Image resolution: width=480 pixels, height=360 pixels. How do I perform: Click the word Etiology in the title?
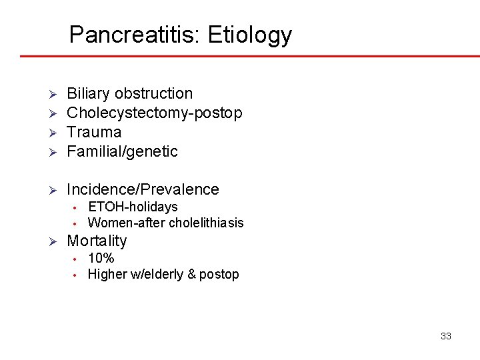(250, 35)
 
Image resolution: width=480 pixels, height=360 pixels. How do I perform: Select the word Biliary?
(88, 93)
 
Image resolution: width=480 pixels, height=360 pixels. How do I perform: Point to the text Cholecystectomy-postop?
(155, 113)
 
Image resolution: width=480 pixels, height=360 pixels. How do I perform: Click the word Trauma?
(94, 132)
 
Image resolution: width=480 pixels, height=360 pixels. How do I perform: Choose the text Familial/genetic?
(123, 151)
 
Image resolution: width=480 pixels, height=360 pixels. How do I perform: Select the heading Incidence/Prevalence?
(143, 189)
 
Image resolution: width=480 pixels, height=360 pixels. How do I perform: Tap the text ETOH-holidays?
(133, 207)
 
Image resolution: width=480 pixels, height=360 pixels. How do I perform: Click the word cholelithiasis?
(206, 223)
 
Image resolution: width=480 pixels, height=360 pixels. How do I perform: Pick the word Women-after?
(127, 223)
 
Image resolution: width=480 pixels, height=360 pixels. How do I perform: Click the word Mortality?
(97, 241)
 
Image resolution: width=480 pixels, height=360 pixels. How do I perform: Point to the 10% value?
(101, 258)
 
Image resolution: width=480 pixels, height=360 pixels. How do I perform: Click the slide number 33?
(446, 336)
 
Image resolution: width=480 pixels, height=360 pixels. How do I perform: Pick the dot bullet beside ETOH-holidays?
(77, 207)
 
